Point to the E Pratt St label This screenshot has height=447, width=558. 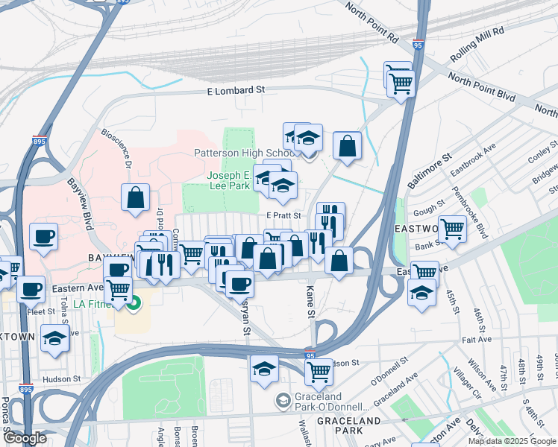pyautogui.click(x=283, y=215)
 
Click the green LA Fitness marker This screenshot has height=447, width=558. pyautogui.click(x=134, y=304)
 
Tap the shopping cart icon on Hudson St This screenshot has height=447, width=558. pyautogui.click(x=319, y=371)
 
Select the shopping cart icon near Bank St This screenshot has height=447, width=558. pyautogui.click(x=452, y=229)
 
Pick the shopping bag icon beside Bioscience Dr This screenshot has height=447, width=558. pyautogui.click(x=135, y=197)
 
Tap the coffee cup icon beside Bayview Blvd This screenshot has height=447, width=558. pyautogui.click(x=43, y=237)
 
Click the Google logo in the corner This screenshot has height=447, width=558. pyautogui.click(x=24, y=438)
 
